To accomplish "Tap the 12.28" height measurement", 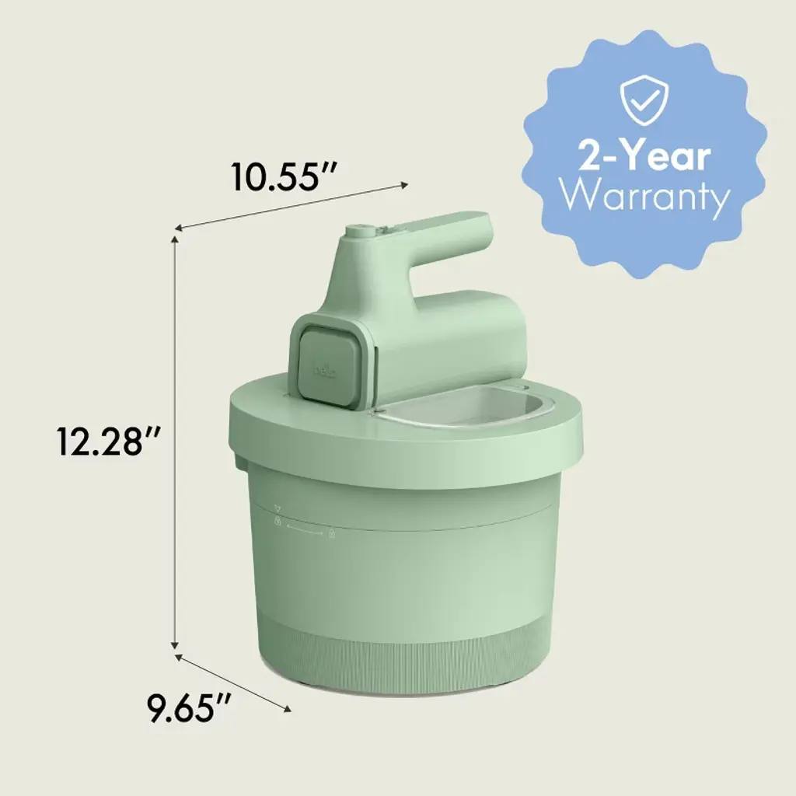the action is (x=109, y=442).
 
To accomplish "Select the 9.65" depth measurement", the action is (x=189, y=709).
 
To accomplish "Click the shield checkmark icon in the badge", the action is (x=644, y=101).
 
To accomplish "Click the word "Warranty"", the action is (x=644, y=197).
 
